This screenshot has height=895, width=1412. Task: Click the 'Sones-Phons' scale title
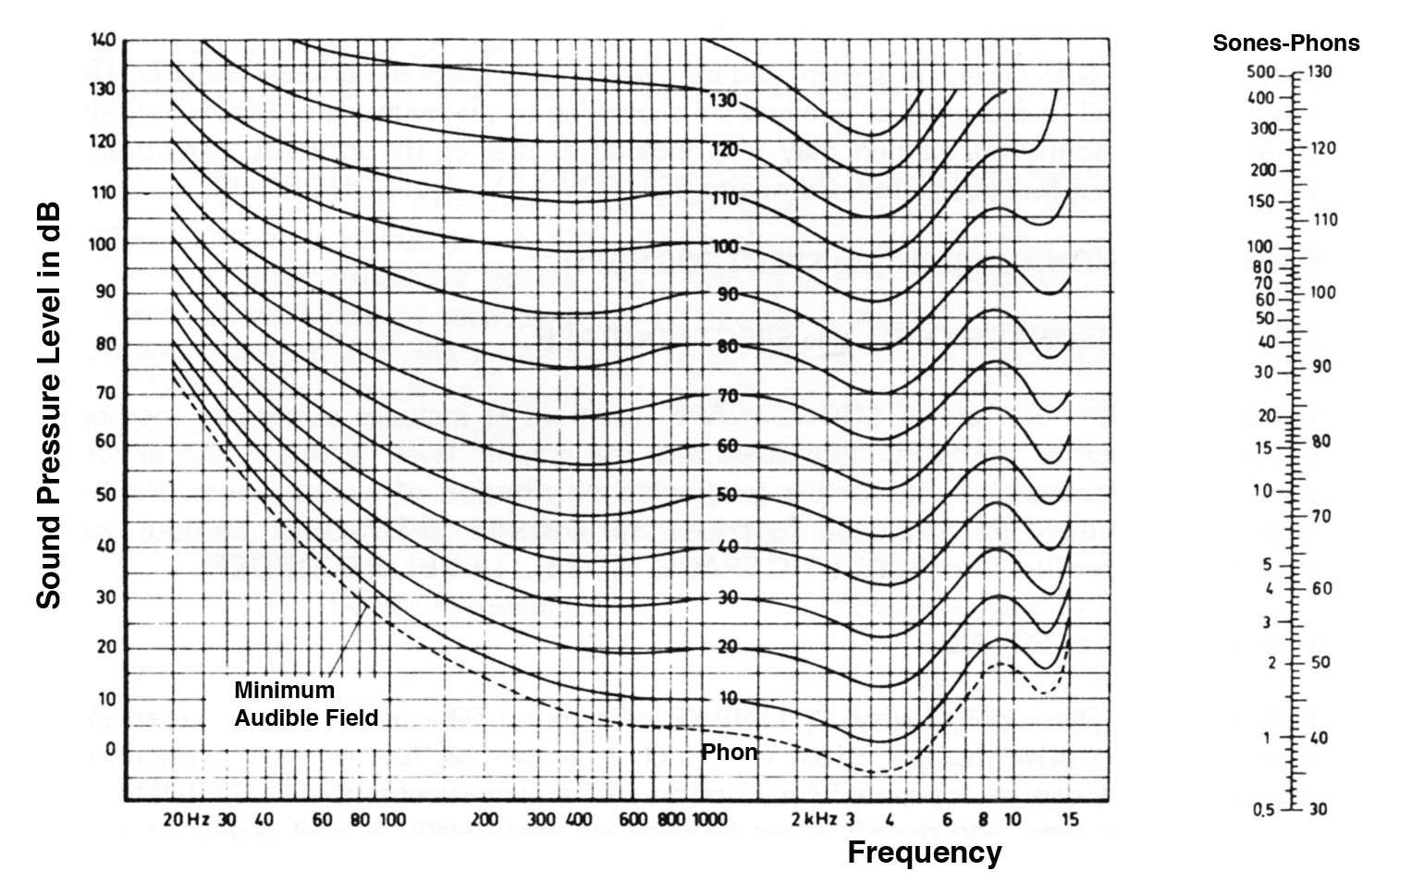(1285, 43)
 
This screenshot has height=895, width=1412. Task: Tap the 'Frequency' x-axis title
(924, 852)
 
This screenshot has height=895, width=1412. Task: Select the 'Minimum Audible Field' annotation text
(306, 704)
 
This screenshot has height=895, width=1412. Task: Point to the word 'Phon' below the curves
(729, 753)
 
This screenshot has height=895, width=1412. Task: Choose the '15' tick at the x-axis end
(1070, 819)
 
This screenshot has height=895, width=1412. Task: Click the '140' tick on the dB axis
(103, 41)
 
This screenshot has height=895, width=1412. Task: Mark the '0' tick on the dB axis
(110, 749)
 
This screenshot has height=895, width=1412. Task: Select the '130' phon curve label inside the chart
(722, 100)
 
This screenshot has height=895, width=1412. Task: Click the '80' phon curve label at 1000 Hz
(727, 347)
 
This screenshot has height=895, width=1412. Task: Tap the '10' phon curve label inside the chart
(728, 698)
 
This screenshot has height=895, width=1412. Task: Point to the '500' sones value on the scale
(1261, 72)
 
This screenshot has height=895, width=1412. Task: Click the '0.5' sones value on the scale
(1263, 810)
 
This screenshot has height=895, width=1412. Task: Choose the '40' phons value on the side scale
(1320, 738)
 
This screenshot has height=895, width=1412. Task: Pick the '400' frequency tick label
(579, 819)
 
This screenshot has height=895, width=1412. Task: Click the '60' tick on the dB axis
(104, 442)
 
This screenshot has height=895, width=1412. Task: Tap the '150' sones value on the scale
(1261, 202)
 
